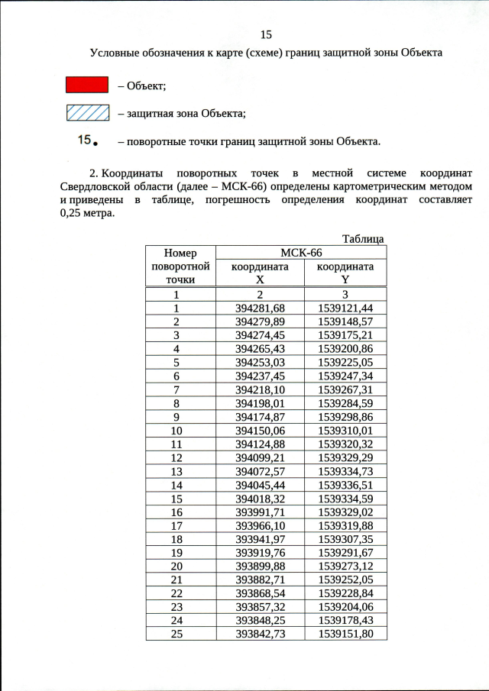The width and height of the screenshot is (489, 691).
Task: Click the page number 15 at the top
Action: pos(266,35)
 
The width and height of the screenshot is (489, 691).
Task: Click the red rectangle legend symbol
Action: pos(86,85)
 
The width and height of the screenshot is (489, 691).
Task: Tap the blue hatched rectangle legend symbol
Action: pos(86,114)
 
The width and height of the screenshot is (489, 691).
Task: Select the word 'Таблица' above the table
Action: pos(363,239)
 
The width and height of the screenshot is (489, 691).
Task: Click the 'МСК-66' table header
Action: pos(301,253)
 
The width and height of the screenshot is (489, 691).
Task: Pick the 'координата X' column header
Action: pos(261,273)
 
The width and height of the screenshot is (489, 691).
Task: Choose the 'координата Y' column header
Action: pos(345,273)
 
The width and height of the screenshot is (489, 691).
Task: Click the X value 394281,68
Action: pos(260,308)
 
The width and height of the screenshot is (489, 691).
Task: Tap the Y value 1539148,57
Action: pos(345,321)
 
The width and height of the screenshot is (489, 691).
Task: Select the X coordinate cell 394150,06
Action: pos(260,431)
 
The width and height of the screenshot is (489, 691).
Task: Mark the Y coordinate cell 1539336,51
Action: pos(345,485)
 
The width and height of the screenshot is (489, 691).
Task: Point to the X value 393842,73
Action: pos(260,634)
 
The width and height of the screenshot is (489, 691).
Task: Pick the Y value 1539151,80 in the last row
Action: pos(345,634)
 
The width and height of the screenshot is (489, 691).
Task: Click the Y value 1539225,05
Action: pos(345,363)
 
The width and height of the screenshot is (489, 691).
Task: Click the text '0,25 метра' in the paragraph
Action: pos(86,213)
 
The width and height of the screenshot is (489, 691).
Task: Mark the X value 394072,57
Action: pos(260,471)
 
